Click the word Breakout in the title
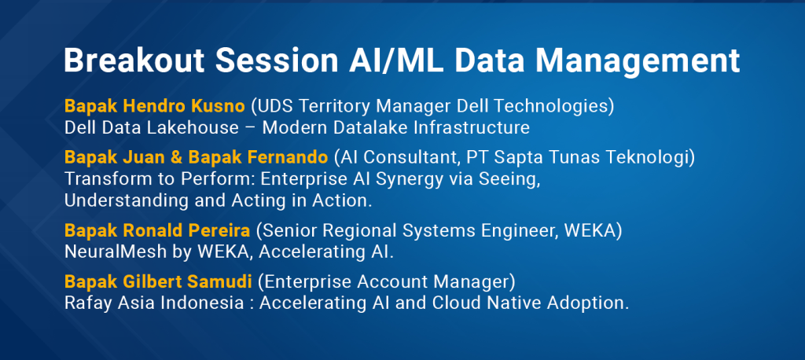coord(134,61)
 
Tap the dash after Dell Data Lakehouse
coord(251,128)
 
